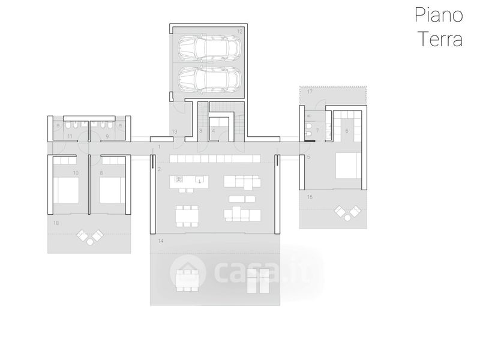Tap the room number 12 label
pos(239,30)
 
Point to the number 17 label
pos(310,92)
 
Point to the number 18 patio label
pos(56,223)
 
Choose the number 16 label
pos(310,196)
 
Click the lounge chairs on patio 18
pos(90,237)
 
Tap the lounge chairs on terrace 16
pos(347,211)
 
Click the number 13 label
pos(175,131)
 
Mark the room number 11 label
pos(70,137)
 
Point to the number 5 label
pos(308,157)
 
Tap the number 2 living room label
pos(159,170)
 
